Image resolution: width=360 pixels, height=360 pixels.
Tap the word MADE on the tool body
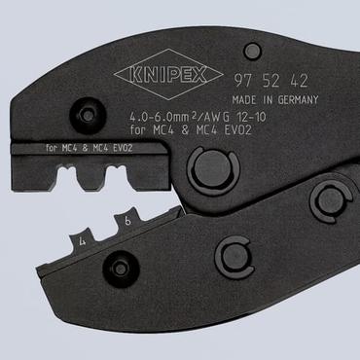point(244,98)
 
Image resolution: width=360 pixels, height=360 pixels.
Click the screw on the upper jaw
point(89,115)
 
